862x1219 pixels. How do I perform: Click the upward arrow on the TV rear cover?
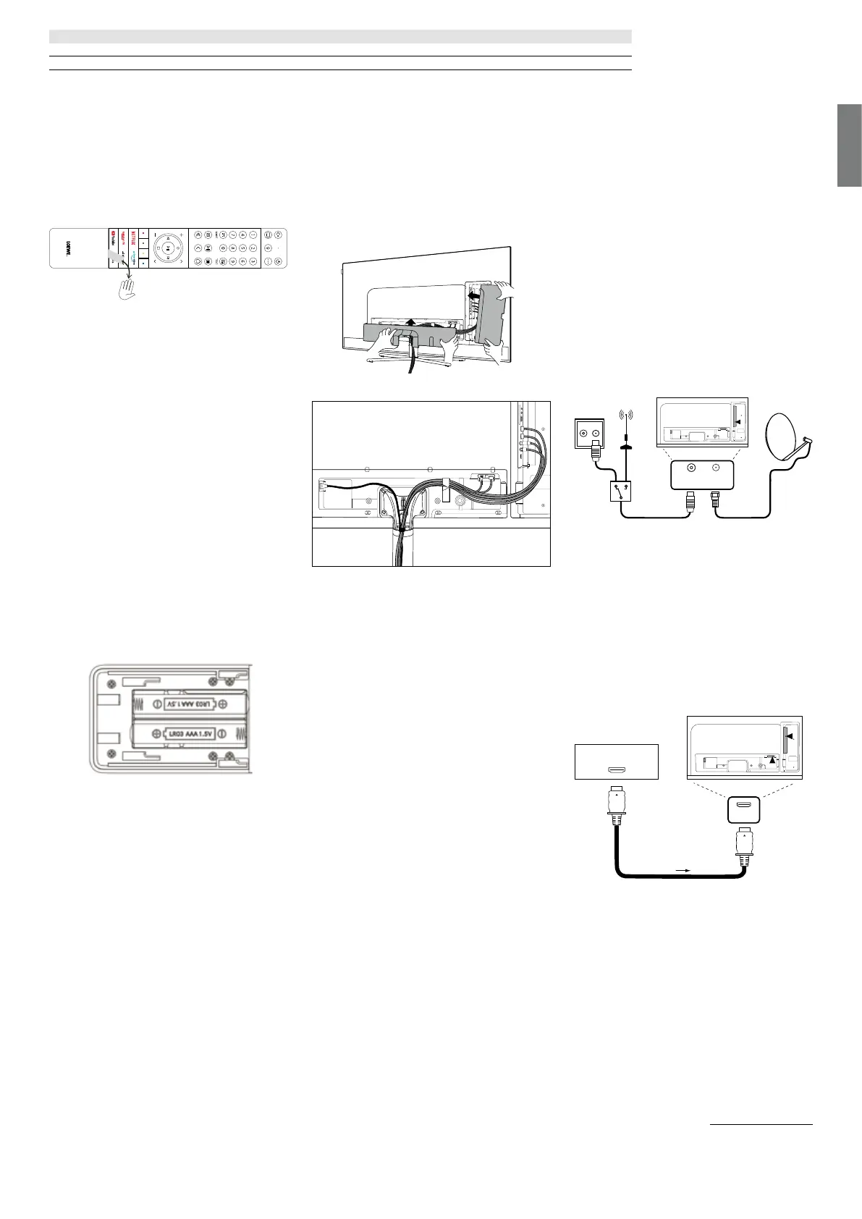coord(412,323)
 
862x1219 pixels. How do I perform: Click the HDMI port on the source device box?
coord(616,771)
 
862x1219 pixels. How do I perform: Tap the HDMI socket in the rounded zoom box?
coord(743,805)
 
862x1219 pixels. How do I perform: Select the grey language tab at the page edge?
coord(850,145)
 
